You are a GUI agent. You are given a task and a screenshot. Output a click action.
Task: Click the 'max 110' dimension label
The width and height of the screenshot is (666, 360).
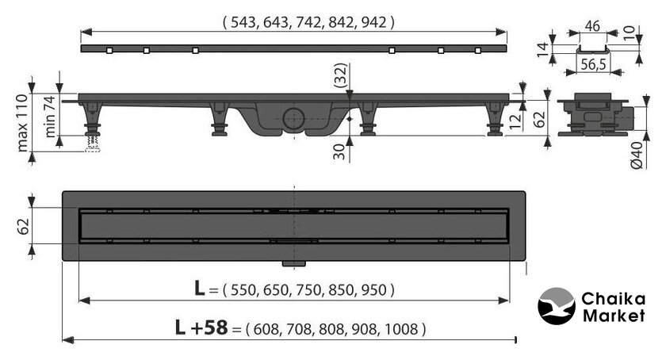coord(22,123)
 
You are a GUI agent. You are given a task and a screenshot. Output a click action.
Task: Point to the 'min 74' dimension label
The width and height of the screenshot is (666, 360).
coord(50,116)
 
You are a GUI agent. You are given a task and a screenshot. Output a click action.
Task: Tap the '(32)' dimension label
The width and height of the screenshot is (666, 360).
coord(341,75)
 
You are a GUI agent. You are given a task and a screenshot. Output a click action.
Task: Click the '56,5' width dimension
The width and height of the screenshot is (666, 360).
coord(593,64)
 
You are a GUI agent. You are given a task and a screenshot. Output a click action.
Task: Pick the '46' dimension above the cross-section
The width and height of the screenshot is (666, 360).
coord(592,26)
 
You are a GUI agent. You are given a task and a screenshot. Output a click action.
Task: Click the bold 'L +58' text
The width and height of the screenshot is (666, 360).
coord(201,327)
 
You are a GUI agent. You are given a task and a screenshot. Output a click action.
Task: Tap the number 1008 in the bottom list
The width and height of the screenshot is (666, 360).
coord(400,329)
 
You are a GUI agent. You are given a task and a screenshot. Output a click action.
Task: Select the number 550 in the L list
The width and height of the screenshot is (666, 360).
coord(243,290)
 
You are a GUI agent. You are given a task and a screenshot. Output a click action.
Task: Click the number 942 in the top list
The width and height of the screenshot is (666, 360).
coord(373,22)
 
